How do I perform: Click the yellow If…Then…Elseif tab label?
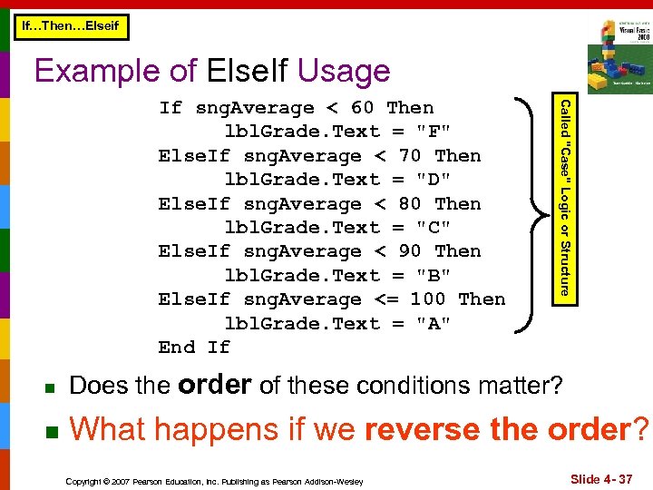coord(70,26)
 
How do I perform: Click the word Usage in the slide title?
coord(343,71)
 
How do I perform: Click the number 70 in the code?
coord(410,156)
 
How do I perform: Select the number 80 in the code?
coord(410,204)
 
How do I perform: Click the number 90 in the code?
coord(410,251)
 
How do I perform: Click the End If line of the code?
coord(194,348)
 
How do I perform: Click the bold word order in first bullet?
coord(215,385)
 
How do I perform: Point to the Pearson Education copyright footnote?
coord(216,481)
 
